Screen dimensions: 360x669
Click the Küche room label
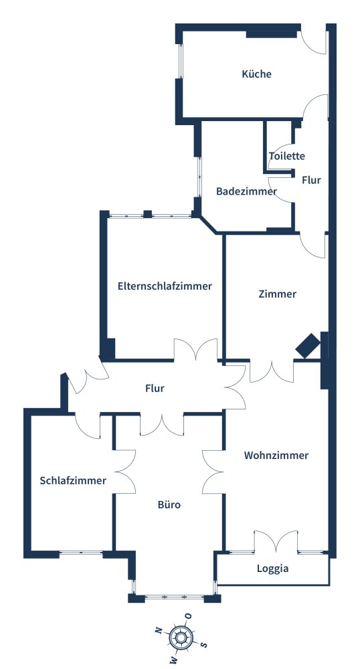click(256, 74)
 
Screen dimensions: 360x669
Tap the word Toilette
click(286, 156)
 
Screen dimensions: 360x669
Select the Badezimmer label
click(246, 191)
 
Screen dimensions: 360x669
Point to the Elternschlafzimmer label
click(165, 286)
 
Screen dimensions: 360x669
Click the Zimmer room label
click(277, 294)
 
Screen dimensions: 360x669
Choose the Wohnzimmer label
click(276, 455)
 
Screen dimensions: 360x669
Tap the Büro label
click(169, 504)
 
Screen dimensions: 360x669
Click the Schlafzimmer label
click(73, 480)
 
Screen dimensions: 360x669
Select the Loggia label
click(272, 569)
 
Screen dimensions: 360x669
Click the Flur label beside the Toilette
click(311, 180)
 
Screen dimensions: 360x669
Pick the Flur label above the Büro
click(155, 389)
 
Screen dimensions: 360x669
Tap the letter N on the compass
click(158, 631)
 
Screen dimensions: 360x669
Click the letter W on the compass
click(173, 661)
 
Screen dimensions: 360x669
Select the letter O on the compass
click(188, 615)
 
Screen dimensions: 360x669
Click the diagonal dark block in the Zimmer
click(308, 345)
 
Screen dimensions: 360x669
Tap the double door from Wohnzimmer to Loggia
click(276, 542)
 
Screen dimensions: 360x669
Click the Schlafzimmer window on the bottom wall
click(81, 553)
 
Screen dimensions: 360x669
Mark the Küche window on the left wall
click(181, 61)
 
